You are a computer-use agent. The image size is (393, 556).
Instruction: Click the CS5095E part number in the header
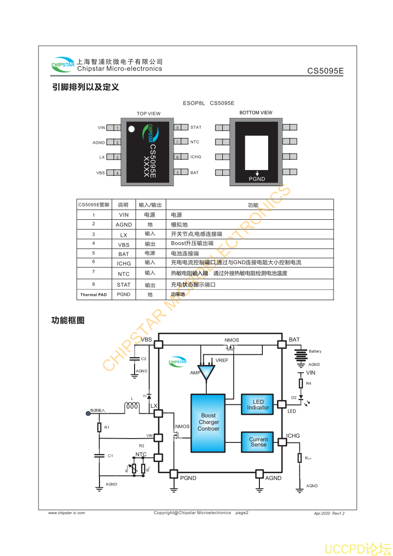tap(325, 71)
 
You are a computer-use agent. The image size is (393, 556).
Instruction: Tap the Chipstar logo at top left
tap(63, 64)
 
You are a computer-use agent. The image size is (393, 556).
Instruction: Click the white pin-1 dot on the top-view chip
tap(131, 129)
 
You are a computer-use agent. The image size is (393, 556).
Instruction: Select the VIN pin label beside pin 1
tap(101, 128)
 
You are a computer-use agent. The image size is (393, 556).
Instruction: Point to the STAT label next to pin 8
tap(196, 128)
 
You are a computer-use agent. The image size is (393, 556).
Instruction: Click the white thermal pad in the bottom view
tap(256, 152)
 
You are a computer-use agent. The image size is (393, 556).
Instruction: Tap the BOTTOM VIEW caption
tap(256, 113)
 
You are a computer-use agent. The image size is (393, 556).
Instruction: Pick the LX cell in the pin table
tap(123, 235)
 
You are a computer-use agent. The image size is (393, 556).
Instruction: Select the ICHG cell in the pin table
tap(123, 264)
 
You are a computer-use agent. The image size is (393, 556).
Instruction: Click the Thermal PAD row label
tap(94, 295)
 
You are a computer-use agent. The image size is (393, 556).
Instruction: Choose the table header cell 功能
tap(253, 205)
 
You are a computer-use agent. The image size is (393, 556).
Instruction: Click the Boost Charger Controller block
tap(208, 422)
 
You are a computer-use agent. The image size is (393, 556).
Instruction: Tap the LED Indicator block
tap(258, 404)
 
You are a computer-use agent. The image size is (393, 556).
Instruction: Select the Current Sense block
tap(258, 441)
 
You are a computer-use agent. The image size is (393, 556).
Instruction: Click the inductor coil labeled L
tap(132, 405)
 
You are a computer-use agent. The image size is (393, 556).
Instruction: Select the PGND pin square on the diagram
tap(174, 474)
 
